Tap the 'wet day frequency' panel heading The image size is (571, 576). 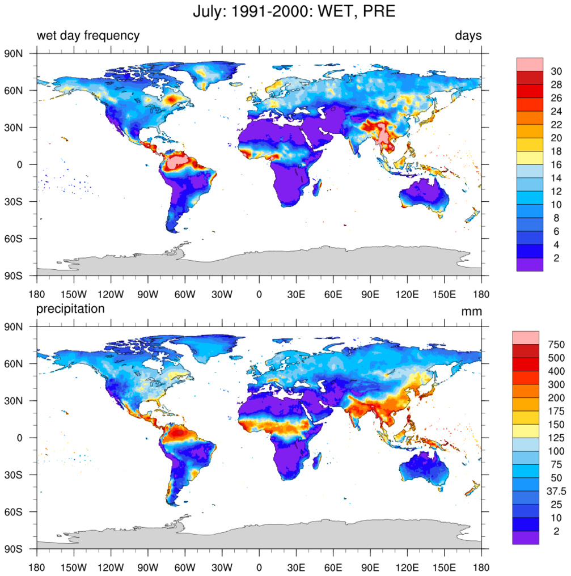coord(88,36)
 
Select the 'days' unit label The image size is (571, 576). coord(468,36)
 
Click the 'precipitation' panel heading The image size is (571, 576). coord(70,309)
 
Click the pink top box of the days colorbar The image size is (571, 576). coord(530,64)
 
